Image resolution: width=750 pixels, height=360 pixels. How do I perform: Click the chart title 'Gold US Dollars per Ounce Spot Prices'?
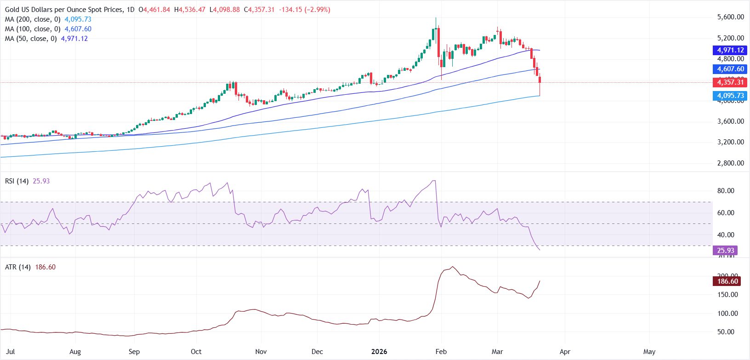[64, 10]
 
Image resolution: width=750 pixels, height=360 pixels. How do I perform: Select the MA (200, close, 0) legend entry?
[32, 19]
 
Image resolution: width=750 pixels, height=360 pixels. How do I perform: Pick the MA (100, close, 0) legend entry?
[32, 29]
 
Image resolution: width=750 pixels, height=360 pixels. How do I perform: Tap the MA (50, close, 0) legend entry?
[30, 39]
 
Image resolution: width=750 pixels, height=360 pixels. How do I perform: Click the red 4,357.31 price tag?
[730, 82]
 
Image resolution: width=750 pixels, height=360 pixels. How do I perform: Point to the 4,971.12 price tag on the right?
[730, 50]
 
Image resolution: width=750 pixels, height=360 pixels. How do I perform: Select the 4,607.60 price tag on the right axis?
[730, 69]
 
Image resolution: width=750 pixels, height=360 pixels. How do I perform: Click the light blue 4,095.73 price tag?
[730, 96]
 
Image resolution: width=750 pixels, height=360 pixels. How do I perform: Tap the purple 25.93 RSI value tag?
[725, 251]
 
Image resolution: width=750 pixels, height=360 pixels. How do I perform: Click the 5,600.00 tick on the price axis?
[730, 17]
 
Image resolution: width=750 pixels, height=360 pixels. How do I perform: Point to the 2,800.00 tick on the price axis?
[730, 163]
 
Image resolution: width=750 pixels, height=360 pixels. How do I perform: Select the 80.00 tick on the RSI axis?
[726, 191]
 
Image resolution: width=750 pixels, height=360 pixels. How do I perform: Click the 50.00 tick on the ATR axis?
[726, 332]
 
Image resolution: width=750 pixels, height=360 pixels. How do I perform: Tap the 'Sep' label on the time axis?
[134, 352]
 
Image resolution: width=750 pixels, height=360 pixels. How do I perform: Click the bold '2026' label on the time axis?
[379, 352]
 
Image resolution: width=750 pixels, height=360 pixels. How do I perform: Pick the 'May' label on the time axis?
[649, 352]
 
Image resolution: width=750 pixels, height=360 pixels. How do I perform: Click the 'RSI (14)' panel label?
[17, 181]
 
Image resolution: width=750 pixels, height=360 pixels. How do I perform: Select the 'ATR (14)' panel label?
[17, 267]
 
